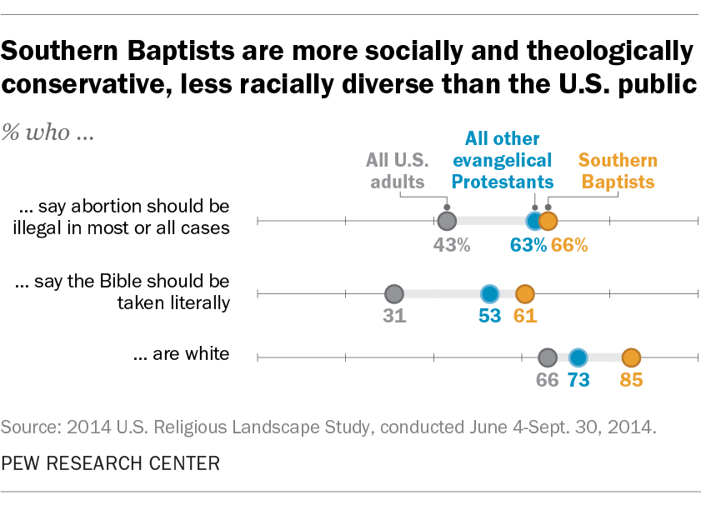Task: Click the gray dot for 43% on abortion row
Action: (x=447, y=221)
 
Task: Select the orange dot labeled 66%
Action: (x=548, y=221)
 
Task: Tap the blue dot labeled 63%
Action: (x=534, y=221)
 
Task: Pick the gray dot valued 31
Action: (x=394, y=293)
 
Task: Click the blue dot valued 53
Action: (x=490, y=293)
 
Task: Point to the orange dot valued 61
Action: (x=525, y=293)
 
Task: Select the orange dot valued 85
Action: (x=631, y=357)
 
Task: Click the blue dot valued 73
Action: (x=578, y=357)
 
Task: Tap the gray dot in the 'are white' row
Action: (x=547, y=357)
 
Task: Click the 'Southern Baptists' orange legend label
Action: (x=618, y=171)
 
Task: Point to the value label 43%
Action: (x=452, y=245)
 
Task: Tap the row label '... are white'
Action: (x=182, y=354)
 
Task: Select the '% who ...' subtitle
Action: (x=48, y=134)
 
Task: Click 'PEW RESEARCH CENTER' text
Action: (x=111, y=463)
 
